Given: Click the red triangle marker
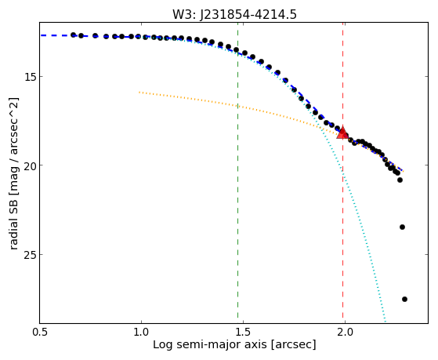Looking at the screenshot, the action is [342, 133].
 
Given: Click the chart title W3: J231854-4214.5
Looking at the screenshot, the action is [234, 14].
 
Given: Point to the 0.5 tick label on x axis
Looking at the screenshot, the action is [40, 332].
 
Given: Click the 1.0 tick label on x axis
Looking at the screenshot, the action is [141, 332].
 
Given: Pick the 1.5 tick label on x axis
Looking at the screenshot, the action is [244, 332].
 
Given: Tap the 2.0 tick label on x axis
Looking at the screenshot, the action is [345, 332].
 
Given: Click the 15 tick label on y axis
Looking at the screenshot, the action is [30, 76].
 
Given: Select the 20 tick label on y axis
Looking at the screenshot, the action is [30, 165].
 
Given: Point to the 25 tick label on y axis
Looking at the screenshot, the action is [30, 254].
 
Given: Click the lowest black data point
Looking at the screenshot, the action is [404, 300].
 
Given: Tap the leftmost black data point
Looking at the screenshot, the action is [73, 35].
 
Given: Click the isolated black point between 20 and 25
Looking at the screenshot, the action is [402, 227].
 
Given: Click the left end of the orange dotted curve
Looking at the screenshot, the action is [139, 92].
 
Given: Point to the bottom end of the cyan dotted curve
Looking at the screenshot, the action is [386, 322].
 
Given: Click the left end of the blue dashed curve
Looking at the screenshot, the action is [41, 35].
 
